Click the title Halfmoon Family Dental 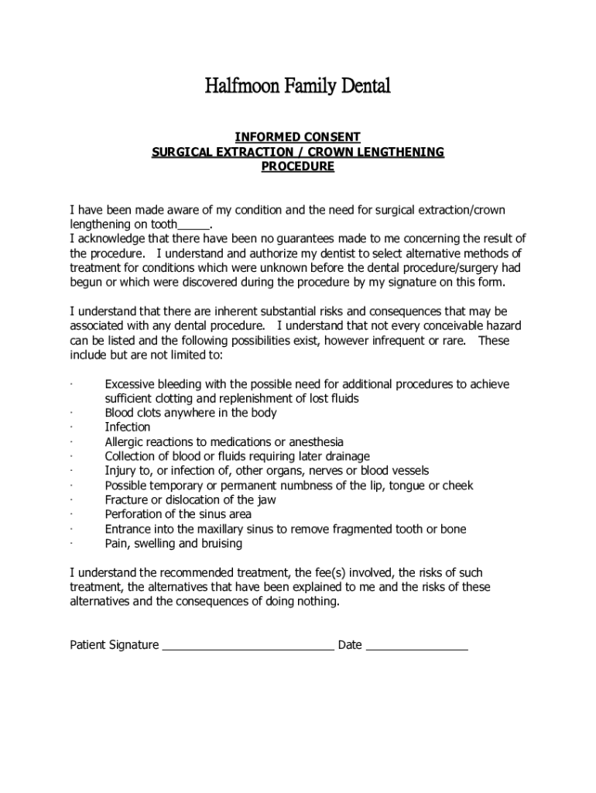click(x=297, y=86)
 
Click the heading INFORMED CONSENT click(x=297, y=138)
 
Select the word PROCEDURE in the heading click(x=297, y=166)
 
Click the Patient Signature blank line click(x=248, y=646)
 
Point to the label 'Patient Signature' click(x=115, y=645)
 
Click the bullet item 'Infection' click(x=128, y=427)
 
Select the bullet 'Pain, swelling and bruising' click(x=173, y=544)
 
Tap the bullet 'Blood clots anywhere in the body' click(x=190, y=413)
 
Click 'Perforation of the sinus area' click(x=178, y=514)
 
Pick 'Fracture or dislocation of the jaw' click(x=190, y=500)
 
